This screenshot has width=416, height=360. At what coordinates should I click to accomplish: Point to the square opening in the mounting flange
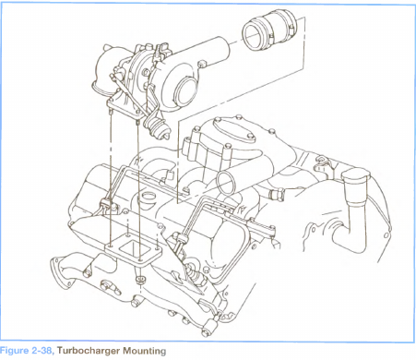coord(133,248)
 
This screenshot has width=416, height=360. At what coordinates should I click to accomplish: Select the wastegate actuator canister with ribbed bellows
coord(157,127)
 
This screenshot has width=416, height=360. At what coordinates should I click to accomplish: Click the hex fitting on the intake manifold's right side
coord(276,194)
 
